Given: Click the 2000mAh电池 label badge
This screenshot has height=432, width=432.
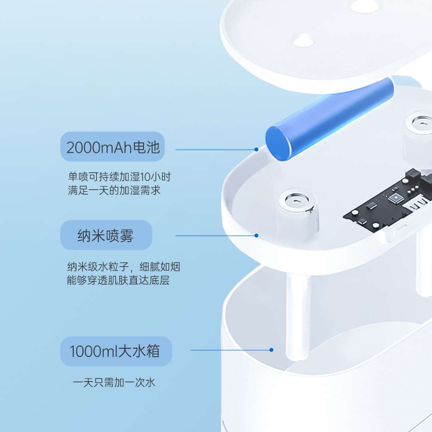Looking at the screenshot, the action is [x=112, y=146].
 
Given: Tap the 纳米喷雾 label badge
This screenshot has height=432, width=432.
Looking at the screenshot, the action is [x=106, y=235].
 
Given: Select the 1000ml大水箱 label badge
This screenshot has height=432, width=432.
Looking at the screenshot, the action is [x=116, y=351].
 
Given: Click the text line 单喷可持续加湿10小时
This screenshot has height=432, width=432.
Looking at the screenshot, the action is [x=119, y=177].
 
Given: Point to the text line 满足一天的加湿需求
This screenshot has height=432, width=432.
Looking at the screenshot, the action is [x=114, y=190].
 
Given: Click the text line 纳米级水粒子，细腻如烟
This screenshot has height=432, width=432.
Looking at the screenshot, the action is [x=124, y=267].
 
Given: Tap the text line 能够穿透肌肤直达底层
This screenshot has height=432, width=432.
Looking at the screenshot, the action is [x=118, y=280].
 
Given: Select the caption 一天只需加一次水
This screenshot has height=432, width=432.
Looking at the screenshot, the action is [x=114, y=382].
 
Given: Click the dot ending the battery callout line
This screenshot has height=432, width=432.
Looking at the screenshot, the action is [x=256, y=149].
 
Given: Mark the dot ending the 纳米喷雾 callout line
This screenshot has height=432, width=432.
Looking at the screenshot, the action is [x=256, y=236].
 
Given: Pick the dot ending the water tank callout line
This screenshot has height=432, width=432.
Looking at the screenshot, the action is [x=271, y=350].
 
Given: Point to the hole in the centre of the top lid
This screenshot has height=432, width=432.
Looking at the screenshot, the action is [x=303, y=42].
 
